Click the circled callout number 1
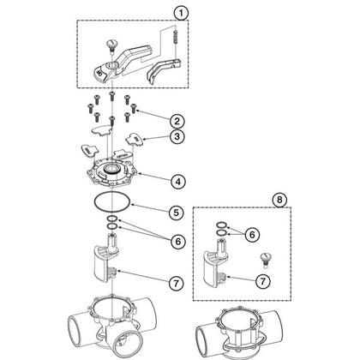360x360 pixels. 178,13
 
